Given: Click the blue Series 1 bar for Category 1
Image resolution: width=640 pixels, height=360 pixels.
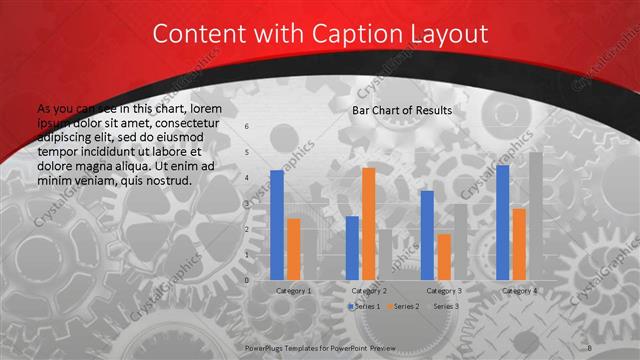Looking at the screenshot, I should point(277,225).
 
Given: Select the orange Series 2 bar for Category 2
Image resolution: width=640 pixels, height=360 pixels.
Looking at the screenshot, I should point(368,224).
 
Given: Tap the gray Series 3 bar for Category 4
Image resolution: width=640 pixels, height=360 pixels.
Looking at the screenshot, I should point(536,216).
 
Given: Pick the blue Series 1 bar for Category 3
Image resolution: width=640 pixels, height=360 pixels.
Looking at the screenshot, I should point(427,235).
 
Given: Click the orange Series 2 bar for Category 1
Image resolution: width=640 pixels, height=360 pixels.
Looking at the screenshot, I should point(293,249).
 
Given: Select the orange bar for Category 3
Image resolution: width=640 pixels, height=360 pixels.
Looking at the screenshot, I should point(443,257).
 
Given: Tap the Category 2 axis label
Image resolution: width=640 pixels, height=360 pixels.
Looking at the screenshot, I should point(368,290).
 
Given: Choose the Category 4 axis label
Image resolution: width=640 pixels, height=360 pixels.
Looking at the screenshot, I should point(518,290).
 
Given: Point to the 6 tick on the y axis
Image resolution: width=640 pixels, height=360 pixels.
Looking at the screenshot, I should point(247,126).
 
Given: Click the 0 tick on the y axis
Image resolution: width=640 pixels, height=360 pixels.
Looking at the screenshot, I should point(247,280).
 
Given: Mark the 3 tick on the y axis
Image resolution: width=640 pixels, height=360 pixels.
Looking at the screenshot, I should point(247,203).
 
